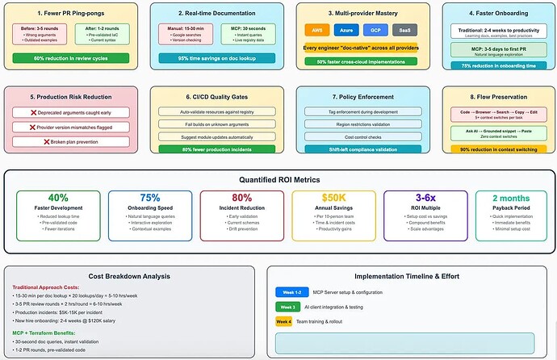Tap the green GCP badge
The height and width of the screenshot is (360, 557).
(x=375, y=30)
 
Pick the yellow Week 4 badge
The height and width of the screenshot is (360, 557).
(x=285, y=321)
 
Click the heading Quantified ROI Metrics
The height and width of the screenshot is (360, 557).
(x=278, y=179)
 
